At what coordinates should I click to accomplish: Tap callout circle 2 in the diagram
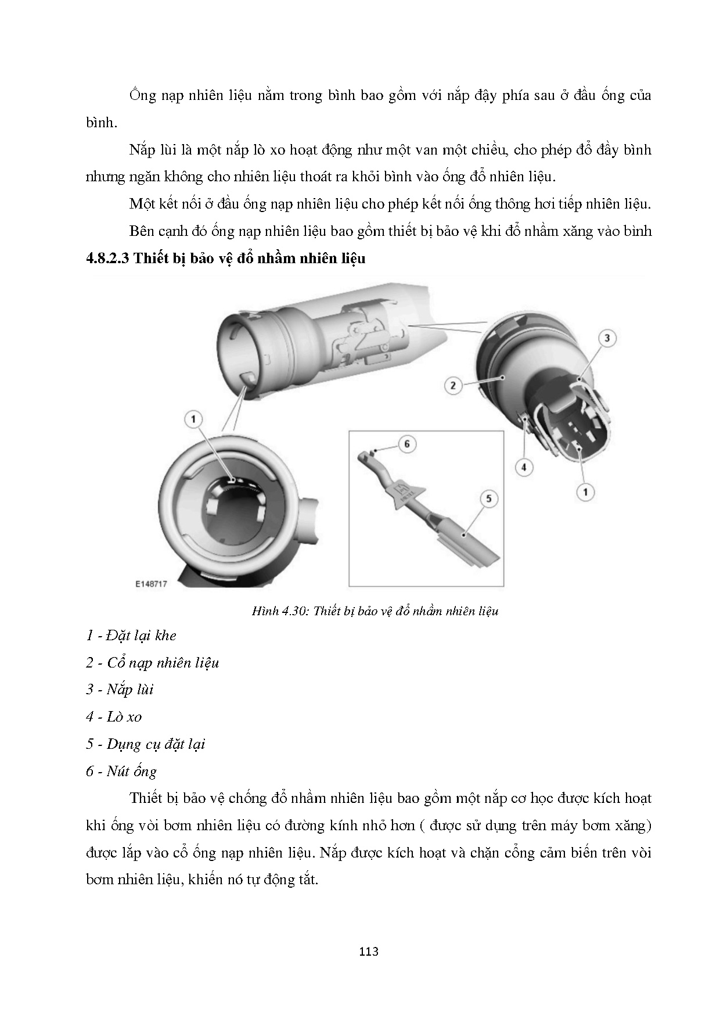click(453, 385)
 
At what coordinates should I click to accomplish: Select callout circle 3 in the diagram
click(606, 338)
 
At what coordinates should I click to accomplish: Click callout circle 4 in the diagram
click(524, 467)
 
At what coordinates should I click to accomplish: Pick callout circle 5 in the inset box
click(488, 498)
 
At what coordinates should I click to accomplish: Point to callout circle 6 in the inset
click(406, 444)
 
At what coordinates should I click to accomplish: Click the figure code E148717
click(151, 584)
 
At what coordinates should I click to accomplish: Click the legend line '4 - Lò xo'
click(114, 717)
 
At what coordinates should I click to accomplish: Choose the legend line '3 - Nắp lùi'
click(120, 690)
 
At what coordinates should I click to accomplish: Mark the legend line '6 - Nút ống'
click(121, 772)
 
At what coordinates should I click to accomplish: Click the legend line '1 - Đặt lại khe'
click(131, 636)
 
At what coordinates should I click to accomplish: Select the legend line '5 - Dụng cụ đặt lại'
click(145, 744)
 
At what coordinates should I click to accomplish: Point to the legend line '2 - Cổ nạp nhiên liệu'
click(152, 663)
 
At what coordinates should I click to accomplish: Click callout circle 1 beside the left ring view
click(193, 418)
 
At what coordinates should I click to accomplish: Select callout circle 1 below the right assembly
click(585, 492)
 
